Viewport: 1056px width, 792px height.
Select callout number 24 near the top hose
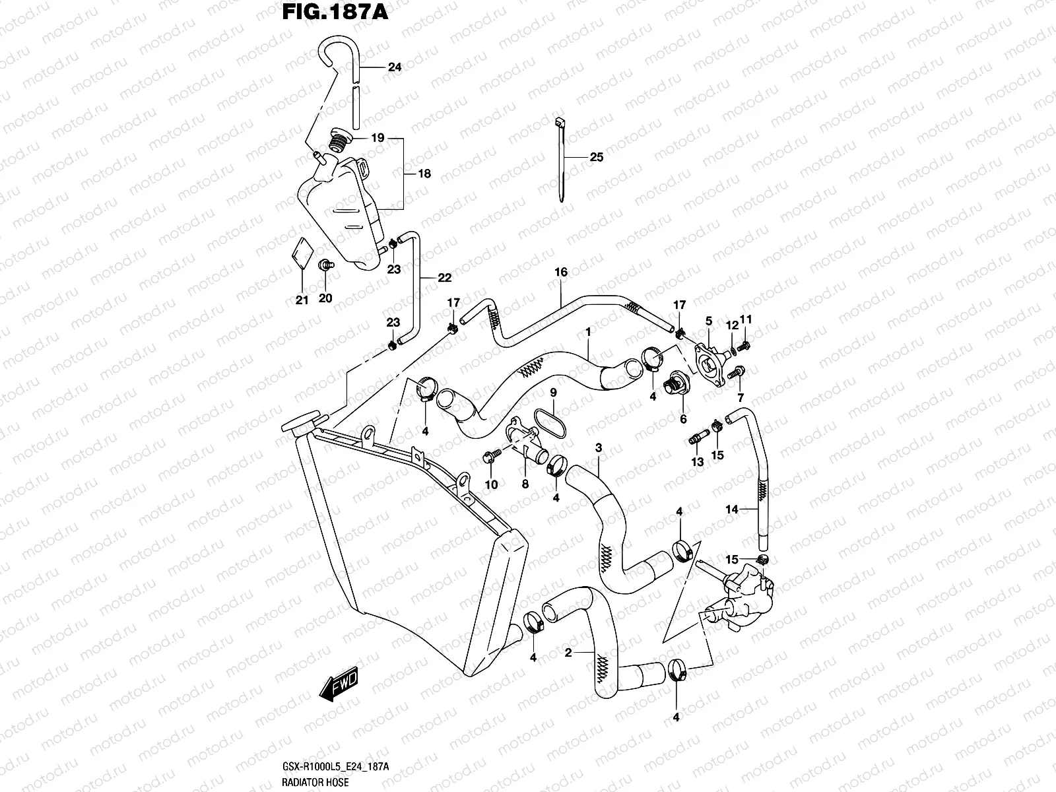[395, 67]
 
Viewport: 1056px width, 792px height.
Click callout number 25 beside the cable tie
[596, 158]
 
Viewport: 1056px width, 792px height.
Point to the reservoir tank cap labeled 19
[338, 141]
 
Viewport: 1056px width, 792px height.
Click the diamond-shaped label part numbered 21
[302, 254]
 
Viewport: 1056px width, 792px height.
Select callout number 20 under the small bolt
[325, 298]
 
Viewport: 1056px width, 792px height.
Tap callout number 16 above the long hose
[561, 272]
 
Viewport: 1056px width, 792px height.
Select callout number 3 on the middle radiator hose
[599, 448]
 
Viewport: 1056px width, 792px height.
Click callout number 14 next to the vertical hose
[731, 510]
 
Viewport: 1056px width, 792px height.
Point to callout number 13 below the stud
[698, 463]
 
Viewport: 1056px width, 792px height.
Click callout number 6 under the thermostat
[683, 419]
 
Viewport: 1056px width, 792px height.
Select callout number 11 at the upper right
[746, 319]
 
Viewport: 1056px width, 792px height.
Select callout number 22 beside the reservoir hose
[444, 278]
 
